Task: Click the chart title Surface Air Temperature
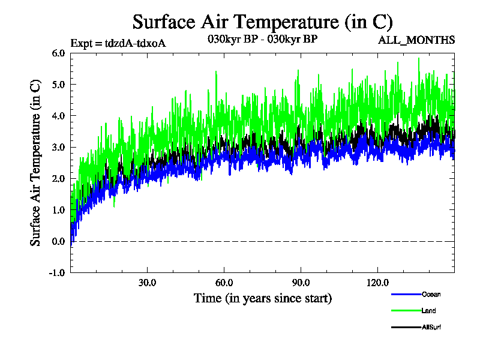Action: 262,22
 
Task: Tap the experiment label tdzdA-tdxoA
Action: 118,43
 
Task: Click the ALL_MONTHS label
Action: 416,40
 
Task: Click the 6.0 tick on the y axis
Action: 58,53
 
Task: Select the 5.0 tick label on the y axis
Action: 58,84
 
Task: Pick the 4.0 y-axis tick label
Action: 58,116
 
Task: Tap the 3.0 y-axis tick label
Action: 58,147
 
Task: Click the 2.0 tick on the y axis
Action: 58,178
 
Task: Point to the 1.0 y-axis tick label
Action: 58,210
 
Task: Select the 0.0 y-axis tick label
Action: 58,241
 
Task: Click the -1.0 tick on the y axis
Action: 57,272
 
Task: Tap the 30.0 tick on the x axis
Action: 147,283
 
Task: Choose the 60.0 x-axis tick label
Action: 224,283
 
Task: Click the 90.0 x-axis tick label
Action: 301,283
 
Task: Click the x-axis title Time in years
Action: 262,298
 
